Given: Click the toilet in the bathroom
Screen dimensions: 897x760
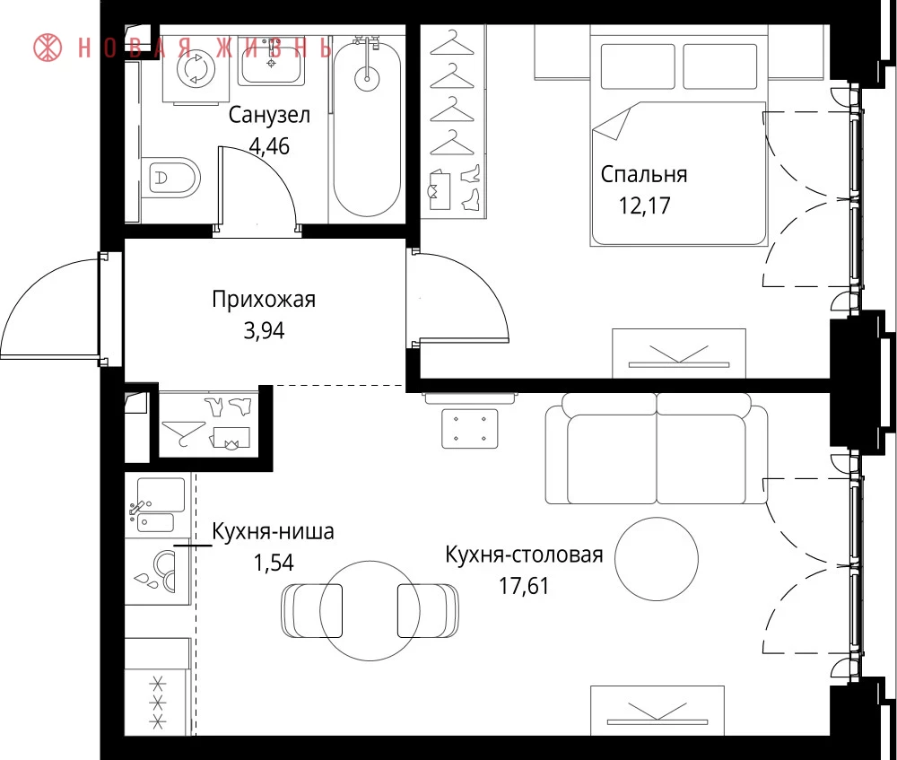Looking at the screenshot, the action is (170, 178).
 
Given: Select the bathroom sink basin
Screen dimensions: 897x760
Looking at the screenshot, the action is (271, 61).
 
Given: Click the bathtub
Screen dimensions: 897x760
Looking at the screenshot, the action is (367, 128).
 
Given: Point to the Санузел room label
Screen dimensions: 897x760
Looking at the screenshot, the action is (269, 115).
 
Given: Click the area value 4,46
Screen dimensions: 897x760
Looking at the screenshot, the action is (269, 146).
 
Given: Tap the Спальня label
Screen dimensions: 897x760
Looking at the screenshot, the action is (643, 175).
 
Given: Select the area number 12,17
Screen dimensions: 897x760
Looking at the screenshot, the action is (644, 205).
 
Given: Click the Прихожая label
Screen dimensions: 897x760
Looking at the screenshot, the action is (264, 300).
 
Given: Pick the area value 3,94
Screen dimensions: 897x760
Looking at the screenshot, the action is (264, 330).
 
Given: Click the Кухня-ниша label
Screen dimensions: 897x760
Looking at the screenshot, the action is (273, 532).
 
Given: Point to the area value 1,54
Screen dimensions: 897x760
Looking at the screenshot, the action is (274, 563).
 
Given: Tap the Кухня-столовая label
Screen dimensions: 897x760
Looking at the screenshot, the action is (524, 555).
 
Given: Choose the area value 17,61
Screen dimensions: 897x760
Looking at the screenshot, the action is (524, 586).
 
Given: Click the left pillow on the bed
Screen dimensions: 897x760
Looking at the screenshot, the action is (638, 66).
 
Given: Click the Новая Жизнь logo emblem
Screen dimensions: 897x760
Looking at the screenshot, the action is (48, 47).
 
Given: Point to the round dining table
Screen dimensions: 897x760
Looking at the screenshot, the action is (370, 611).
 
